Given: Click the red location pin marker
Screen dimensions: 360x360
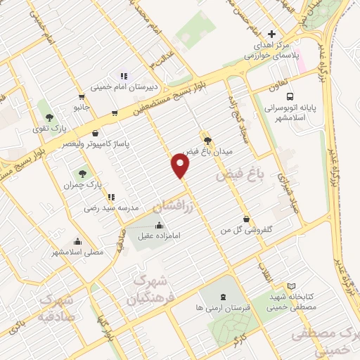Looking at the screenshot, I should (x=181, y=166).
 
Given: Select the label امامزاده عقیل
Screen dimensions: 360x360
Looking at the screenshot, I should (x=159, y=236).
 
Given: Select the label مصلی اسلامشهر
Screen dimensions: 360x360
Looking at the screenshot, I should (x=77, y=251).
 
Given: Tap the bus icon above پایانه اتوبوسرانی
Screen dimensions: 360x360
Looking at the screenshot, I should (x=292, y=98).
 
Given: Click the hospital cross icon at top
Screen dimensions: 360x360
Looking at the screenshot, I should (x=272, y=34).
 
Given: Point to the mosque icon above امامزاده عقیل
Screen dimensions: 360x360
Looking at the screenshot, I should (x=159, y=225).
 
